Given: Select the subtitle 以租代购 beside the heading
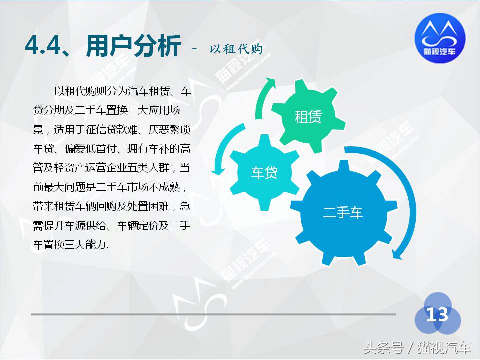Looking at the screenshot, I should click(x=236, y=48).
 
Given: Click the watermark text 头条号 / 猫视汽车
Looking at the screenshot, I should click(x=417, y=347).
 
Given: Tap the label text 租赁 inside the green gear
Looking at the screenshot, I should click(x=308, y=117).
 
